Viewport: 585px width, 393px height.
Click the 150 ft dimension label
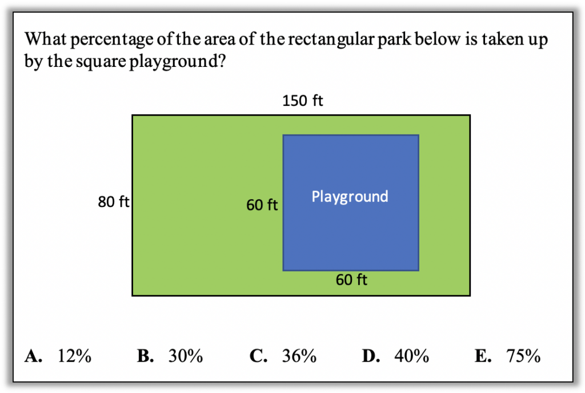303,101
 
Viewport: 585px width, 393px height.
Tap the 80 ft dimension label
114,202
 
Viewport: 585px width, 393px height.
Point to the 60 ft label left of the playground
262,205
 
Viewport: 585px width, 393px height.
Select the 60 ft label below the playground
351,279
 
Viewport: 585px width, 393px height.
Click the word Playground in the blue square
350,197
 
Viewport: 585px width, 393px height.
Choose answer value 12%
74,356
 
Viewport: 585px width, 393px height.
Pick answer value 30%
186,356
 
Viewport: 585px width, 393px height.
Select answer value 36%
299,356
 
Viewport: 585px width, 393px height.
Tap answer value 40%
412,356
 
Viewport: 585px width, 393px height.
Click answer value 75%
523,356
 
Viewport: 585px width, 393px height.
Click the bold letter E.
483,356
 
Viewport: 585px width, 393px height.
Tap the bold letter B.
145,356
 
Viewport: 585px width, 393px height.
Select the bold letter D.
371,356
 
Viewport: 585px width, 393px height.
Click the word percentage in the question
111,40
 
